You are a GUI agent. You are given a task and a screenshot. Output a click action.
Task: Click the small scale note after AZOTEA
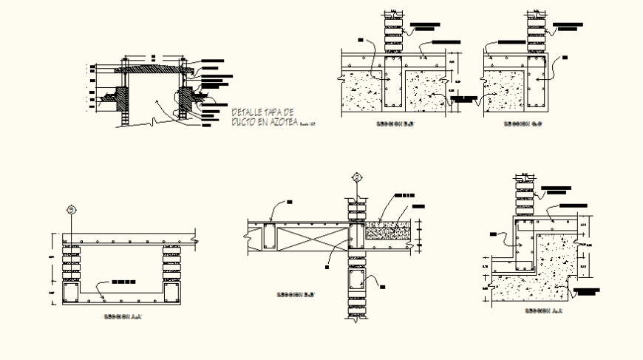click(x=308, y=123)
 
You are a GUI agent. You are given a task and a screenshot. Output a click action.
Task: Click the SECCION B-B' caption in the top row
click(x=395, y=124)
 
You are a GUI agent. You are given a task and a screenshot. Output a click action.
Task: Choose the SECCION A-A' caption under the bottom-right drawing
click(x=543, y=311)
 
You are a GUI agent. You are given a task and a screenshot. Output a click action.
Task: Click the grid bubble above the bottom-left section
click(x=71, y=209)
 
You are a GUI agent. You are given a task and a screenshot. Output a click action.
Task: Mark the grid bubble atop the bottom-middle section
click(x=358, y=177)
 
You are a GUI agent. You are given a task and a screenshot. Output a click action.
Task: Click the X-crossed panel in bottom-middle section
click(x=310, y=238)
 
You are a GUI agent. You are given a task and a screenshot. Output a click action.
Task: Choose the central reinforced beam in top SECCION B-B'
click(x=392, y=89)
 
